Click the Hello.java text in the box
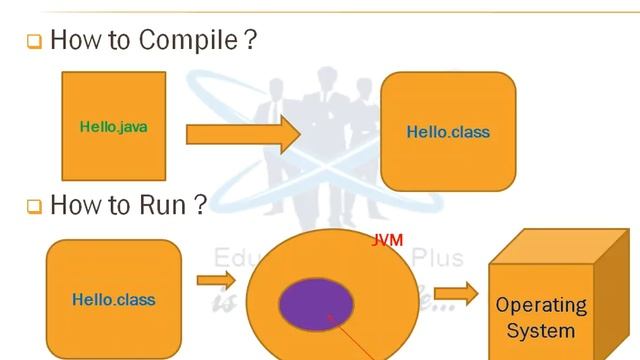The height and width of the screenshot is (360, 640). tap(113, 127)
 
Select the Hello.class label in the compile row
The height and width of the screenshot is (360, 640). tap(448, 132)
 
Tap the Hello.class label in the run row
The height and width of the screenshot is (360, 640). tap(113, 299)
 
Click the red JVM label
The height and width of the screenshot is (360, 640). tap(387, 241)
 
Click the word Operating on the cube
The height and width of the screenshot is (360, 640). tap(541, 305)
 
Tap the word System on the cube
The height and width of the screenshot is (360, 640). tap(541, 330)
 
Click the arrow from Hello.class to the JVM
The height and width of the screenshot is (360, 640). tap(216, 280)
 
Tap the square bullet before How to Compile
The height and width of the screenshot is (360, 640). tap(33, 43)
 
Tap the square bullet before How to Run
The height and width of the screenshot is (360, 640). tap(33, 207)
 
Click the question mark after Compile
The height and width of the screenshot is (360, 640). tap(250, 41)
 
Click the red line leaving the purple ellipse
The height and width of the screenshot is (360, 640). tap(355, 340)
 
